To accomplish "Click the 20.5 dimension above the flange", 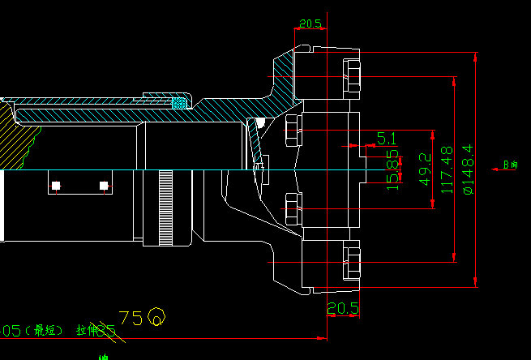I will tap(310, 24).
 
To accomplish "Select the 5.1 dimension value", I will tap(387, 139).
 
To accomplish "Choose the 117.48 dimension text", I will tap(445, 169).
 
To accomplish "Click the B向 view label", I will tap(510, 165).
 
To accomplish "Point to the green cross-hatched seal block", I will tap(179, 102).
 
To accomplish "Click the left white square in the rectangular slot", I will tap(56, 186).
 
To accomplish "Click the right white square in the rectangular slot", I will tap(104, 186).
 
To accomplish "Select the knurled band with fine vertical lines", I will tap(166, 207).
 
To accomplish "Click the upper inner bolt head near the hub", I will tap(293, 131).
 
